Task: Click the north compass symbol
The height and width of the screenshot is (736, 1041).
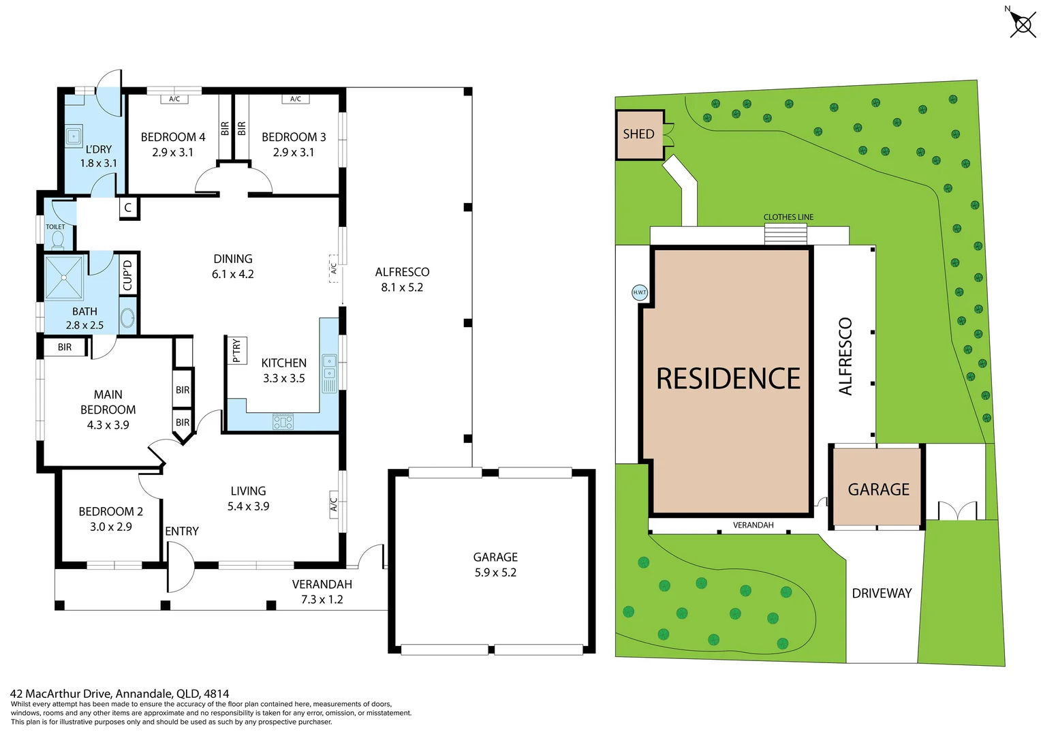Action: point(1022,25)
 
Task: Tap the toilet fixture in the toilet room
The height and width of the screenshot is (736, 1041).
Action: point(58,239)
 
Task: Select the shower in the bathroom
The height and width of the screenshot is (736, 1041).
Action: point(64,277)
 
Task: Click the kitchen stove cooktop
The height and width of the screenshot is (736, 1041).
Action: point(283,422)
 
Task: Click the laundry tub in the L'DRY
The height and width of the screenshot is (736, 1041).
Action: point(74,136)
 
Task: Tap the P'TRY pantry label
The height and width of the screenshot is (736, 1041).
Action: point(236,350)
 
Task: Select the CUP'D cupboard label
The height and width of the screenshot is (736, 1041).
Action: point(127,275)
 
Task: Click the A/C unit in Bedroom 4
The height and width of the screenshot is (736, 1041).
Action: point(174,99)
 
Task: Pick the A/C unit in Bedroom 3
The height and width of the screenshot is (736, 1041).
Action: point(296,99)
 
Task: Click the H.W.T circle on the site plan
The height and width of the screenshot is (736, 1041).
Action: point(639,292)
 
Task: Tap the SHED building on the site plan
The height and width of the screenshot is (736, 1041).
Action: point(639,135)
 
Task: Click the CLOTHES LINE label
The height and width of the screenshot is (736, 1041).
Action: point(788,217)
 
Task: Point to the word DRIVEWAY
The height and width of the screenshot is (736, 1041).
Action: point(882,594)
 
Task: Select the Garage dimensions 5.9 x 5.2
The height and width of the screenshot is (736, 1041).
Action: point(495,573)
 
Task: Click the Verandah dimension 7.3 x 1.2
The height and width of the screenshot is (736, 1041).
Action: point(322,600)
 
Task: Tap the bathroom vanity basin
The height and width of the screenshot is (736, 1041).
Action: point(127,318)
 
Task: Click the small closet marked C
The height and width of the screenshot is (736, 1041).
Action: point(128,209)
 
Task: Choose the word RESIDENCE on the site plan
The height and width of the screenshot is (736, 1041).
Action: point(728,379)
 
